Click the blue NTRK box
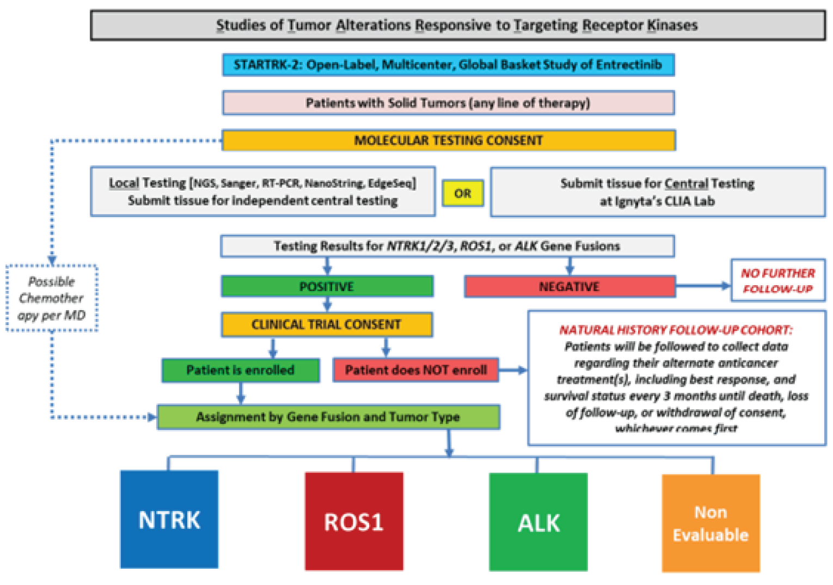[x=169, y=520]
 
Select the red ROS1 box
[x=354, y=521]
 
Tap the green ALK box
[x=538, y=522]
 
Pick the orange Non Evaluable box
[x=710, y=524]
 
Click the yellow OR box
[x=463, y=194]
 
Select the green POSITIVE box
[x=327, y=286]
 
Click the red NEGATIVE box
[x=569, y=286]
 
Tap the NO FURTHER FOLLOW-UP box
[x=777, y=281]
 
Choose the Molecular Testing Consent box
[x=449, y=140]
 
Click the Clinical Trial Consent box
[x=327, y=324]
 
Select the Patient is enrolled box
[x=240, y=370]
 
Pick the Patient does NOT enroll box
[x=415, y=370]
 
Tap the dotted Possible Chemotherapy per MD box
[x=52, y=298]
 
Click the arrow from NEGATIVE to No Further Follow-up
[x=703, y=286]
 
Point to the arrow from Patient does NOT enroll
[x=513, y=370]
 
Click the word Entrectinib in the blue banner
[x=629, y=65]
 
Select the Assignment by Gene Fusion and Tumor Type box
[x=328, y=417]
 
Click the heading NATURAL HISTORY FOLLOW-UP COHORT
[x=676, y=330]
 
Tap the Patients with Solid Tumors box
[x=448, y=103]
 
